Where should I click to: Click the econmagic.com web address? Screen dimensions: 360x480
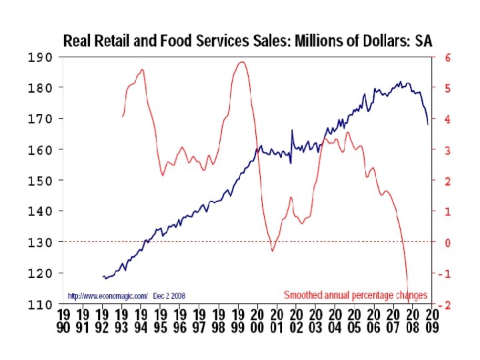point(107,295)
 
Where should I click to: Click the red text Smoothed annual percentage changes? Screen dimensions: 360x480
point(355,295)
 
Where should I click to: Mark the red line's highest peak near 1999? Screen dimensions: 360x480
point(241,62)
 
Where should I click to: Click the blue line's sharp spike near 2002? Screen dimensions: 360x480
point(292,131)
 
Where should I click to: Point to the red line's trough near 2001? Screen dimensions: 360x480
point(272,251)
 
